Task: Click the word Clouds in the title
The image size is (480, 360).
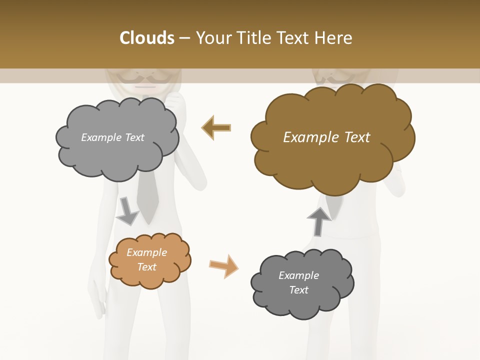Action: [147, 38]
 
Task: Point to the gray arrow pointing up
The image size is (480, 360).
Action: [318, 221]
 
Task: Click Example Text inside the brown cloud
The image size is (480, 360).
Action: [326, 137]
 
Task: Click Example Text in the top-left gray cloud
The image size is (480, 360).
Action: [112, 137]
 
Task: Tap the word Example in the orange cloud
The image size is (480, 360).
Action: [146, 252]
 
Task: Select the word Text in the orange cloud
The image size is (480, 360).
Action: [146, 267]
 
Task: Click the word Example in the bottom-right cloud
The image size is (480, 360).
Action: [298, 275]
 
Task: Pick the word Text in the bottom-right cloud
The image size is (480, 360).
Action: [298, 290]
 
